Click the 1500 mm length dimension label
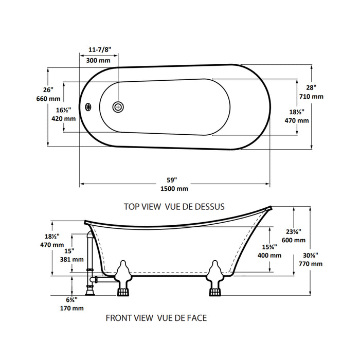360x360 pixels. [174, 188]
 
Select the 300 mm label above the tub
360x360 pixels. [98, 60]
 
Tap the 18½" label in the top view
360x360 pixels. [297, 112]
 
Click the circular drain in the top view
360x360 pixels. [118, 106]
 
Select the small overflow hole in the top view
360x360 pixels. [88, 107]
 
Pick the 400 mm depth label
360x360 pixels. [269, 255]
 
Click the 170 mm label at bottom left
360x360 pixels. [72, 309]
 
